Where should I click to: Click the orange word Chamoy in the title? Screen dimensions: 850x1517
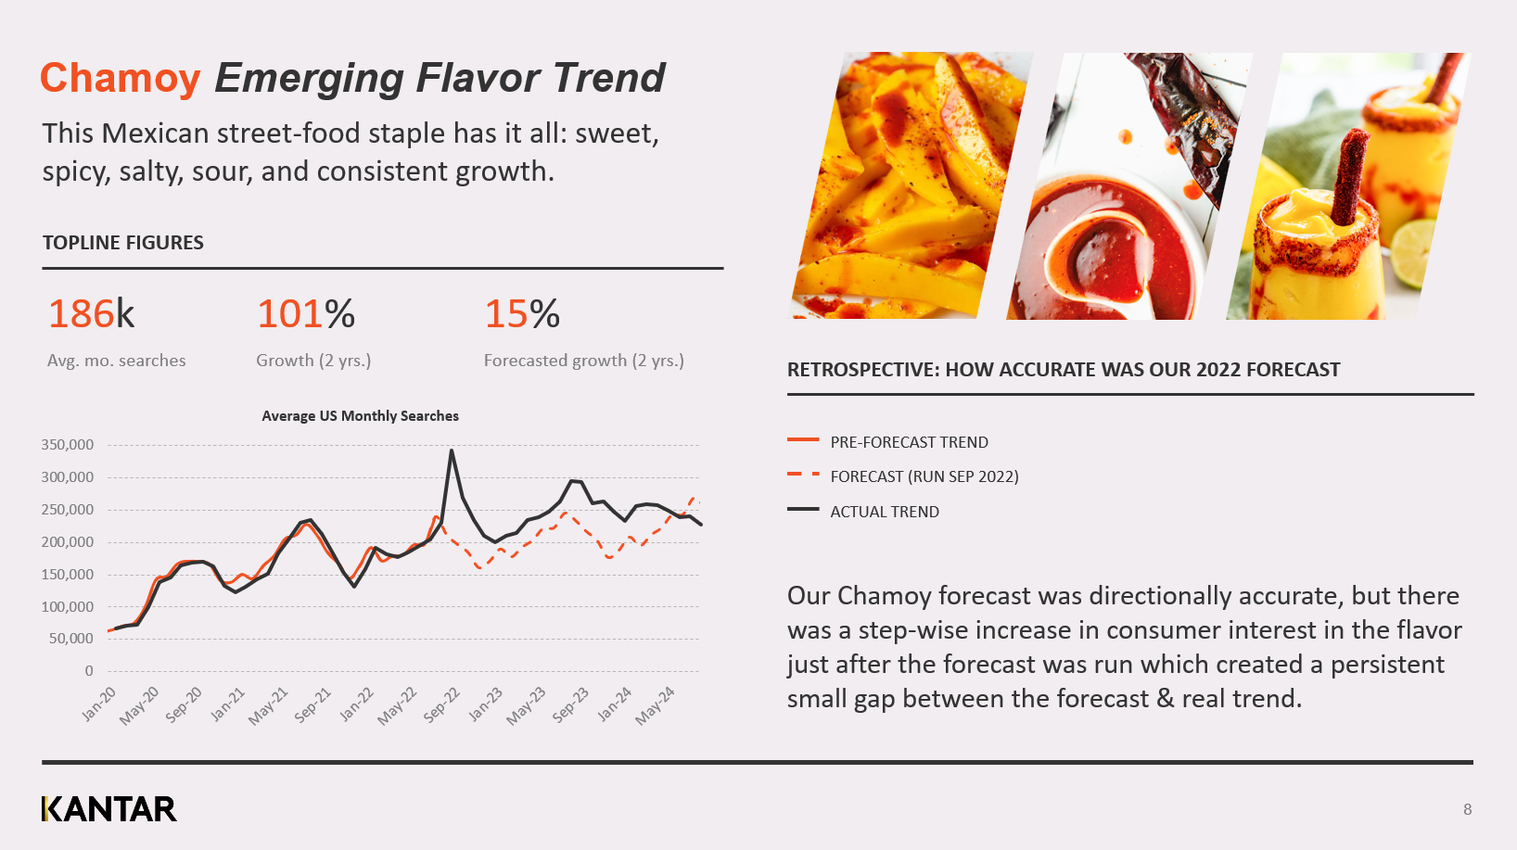click(120, 78)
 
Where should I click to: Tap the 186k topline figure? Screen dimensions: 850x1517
click(91, 314)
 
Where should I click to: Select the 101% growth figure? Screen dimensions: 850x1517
click(305, 314)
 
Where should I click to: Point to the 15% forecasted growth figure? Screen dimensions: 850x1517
click(521, 314)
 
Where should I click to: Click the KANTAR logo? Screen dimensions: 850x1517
click(108, 809)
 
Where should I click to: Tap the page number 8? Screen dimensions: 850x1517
click(1467, 809)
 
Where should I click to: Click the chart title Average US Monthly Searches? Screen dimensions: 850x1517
click(360, 416)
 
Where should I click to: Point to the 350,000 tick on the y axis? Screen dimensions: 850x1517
click(68, 445)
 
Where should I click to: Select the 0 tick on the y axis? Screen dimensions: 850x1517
click(89, 671)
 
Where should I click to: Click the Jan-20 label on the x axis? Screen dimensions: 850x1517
click(99, 704)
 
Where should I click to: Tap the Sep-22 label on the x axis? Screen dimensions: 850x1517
click(441, 704)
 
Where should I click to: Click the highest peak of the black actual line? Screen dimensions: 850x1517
click(452, 451)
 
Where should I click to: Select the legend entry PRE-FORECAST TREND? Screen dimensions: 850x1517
click(909, 442)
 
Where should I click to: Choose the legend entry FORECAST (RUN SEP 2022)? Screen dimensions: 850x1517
click(924, 476)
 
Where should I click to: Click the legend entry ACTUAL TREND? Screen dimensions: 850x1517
click(884, 512)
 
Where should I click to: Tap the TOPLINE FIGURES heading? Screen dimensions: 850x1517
click(123, 243)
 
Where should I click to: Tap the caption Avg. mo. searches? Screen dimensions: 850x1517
click(116, 361)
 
